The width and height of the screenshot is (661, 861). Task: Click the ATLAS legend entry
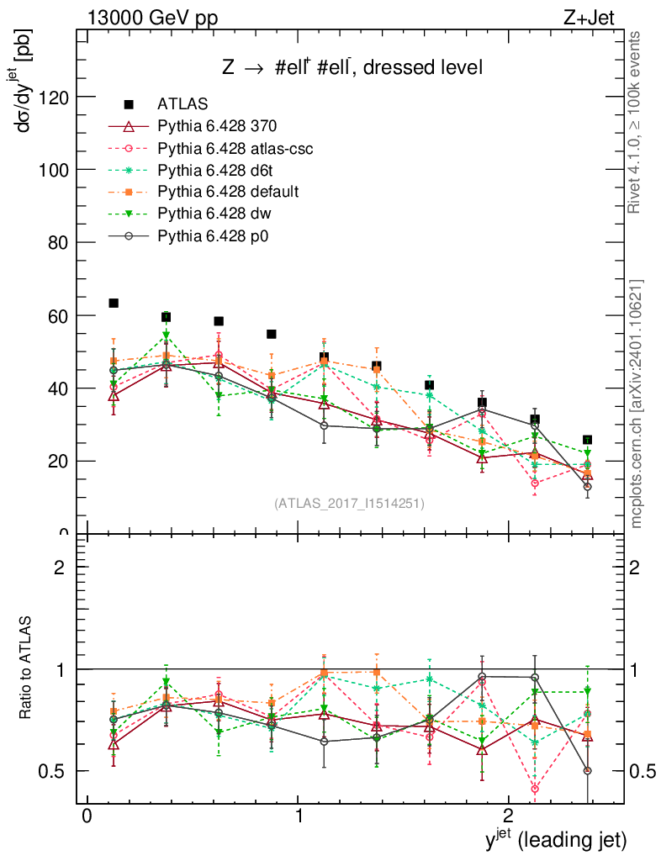(181, 104)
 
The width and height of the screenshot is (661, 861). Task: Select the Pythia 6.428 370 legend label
(217, 126)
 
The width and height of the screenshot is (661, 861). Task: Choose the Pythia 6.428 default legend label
(228, 192)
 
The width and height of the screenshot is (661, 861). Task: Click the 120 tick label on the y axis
(53, 97)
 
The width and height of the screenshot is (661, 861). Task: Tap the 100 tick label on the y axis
(53, 169)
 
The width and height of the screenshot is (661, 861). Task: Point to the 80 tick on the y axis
(58, 242)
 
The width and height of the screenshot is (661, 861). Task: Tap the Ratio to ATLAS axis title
(28, 669)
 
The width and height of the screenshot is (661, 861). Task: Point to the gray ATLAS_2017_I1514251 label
(349, 504)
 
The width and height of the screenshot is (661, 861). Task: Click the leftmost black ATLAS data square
(114, 303)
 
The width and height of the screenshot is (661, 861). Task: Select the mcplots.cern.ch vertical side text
(636, 404)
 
